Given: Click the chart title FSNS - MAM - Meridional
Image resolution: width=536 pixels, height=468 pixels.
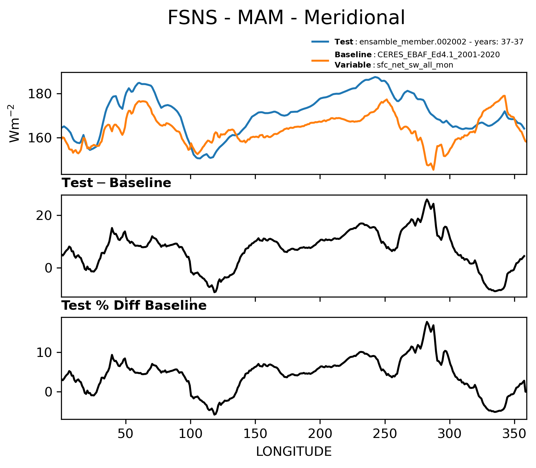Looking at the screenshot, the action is click(x=286, y=18).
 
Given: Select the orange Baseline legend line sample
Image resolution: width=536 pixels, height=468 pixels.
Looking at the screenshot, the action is click(x=320, y=60).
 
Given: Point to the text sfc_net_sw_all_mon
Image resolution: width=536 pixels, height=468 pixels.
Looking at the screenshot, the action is click(x=415, y=65).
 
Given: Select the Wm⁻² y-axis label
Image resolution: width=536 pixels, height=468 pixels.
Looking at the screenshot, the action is click(x=14, y=123).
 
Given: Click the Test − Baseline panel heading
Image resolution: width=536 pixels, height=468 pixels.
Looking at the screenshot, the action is click(x=116, y=183).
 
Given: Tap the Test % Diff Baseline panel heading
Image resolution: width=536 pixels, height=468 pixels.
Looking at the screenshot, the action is click(x=134, y=306).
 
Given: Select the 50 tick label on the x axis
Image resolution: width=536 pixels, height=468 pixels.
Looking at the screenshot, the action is click(x=126, y=434).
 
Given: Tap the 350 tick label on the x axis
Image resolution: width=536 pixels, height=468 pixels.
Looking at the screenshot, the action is click(x=514, y=434).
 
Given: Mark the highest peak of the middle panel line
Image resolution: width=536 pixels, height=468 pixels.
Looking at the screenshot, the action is click(x=427, y=199).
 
